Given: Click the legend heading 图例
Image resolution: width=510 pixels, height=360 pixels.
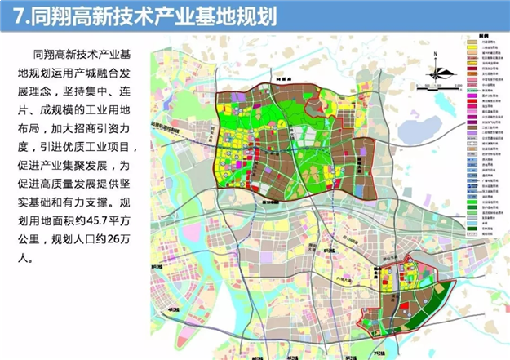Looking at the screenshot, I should (483, 37).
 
